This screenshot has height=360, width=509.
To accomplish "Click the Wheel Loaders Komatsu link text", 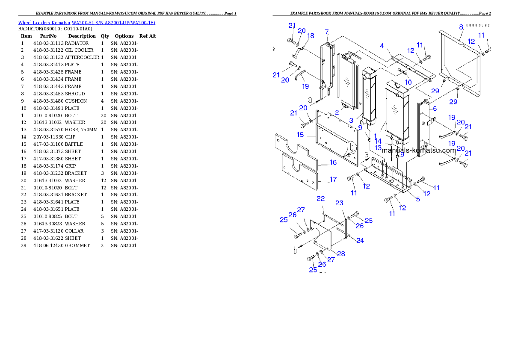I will point(86,23).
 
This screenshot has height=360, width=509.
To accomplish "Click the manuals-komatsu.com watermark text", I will point(419,150).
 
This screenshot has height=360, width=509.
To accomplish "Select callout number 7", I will point(327,32).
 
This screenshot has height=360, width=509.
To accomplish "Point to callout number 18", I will point(311,35).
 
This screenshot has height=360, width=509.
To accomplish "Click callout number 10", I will point(408,82).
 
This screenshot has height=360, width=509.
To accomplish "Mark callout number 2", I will point(337,112).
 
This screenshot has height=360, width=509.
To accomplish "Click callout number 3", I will point(351,121).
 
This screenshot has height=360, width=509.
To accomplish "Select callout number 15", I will point(300,135).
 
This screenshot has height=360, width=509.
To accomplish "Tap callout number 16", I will point(333,162).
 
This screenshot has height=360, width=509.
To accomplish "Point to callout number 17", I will point(333,180).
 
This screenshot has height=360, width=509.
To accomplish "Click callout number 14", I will point(378,141).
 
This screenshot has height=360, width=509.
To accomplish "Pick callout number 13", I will point(378,148).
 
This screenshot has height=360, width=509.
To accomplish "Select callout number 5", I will point(418,199).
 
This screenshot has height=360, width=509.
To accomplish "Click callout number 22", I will point(320,199).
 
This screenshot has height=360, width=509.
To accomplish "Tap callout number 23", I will point(339,203).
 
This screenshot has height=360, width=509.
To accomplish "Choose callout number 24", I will point(360,240).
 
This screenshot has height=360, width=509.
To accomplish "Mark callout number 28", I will point(341,254).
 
